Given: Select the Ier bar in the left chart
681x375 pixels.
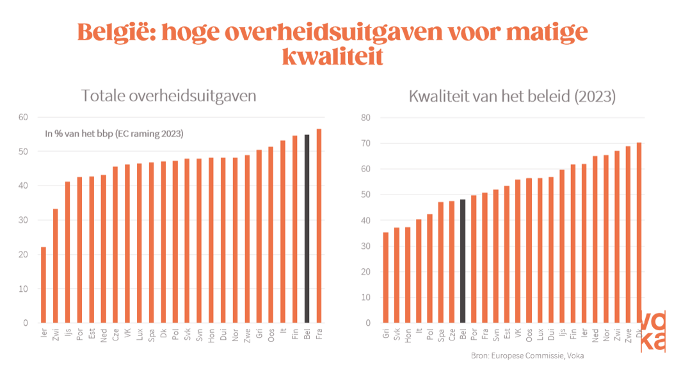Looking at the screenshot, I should pos(44,285).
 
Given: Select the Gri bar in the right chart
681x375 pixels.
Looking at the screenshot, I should pos(385,278).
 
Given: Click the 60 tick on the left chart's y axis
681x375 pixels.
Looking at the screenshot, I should pos(24,117).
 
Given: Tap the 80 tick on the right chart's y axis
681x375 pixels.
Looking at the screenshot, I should pos(366,118).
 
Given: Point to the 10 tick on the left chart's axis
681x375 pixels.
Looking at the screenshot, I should pos(24,289).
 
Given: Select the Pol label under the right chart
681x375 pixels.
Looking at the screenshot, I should pos(430,336).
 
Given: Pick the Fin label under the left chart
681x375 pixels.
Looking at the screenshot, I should pos(294,336).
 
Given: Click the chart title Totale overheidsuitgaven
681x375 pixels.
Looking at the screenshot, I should pos(169,96).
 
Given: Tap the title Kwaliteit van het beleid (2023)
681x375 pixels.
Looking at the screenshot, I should pos(512,97).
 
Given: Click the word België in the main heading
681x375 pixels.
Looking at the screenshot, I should pos(115,31).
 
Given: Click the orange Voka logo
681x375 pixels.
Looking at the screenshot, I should pos(653,330).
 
